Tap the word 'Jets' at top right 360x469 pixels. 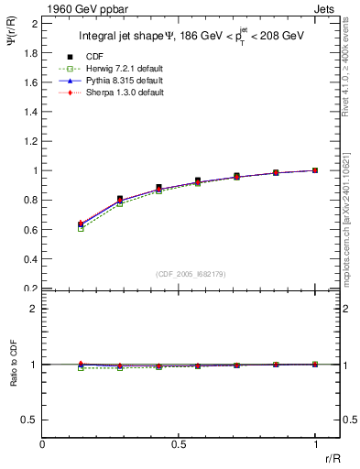coord(326,8)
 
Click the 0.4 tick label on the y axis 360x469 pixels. coord(30,259)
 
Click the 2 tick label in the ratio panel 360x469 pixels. coord(34,310)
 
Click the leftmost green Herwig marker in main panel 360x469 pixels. coord(82,229)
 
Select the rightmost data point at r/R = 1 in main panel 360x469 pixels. coord(315,170)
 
